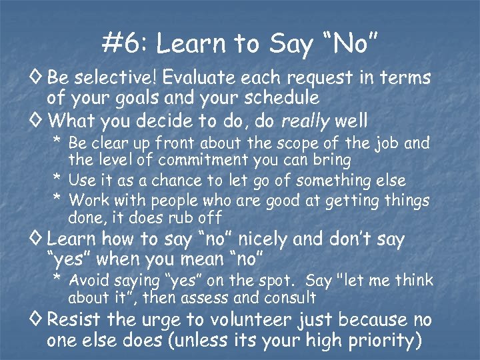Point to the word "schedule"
pos(281,98)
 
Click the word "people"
pos(173,200)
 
